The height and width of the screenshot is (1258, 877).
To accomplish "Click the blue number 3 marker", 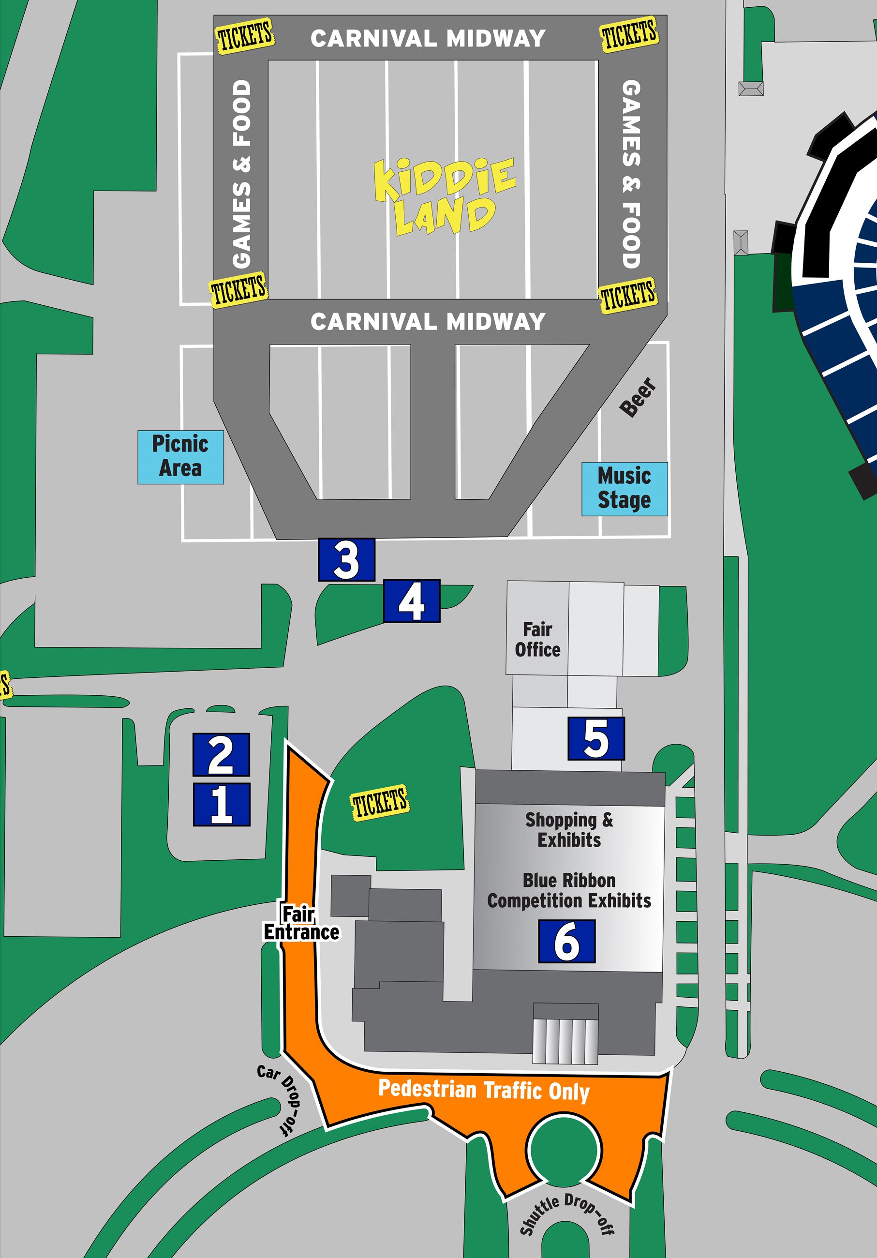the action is (346, 559).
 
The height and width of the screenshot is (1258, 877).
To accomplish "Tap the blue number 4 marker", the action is (411, 601).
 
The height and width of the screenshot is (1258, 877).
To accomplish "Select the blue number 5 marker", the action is (596, 738).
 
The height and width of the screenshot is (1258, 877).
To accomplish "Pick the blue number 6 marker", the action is (566, 941).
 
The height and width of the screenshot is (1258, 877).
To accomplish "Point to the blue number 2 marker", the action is (221, 754).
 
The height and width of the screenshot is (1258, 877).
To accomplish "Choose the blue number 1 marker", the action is (221, 804).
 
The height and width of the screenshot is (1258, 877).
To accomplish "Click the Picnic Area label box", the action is (180, 457).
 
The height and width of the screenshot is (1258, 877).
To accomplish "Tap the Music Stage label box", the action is (624, 489).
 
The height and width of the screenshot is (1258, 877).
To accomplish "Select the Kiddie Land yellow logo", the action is (444, 196).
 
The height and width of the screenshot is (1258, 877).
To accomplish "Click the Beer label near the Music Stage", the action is (638, 397).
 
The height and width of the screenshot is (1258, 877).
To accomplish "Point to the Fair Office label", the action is (537, 640).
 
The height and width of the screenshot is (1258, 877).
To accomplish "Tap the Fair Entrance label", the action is (301, 923).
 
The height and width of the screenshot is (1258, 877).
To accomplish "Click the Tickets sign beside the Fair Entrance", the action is (380, 803).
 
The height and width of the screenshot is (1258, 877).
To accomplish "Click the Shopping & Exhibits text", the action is (569, 829).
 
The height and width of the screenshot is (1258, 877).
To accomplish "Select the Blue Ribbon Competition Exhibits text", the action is (569, 890).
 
